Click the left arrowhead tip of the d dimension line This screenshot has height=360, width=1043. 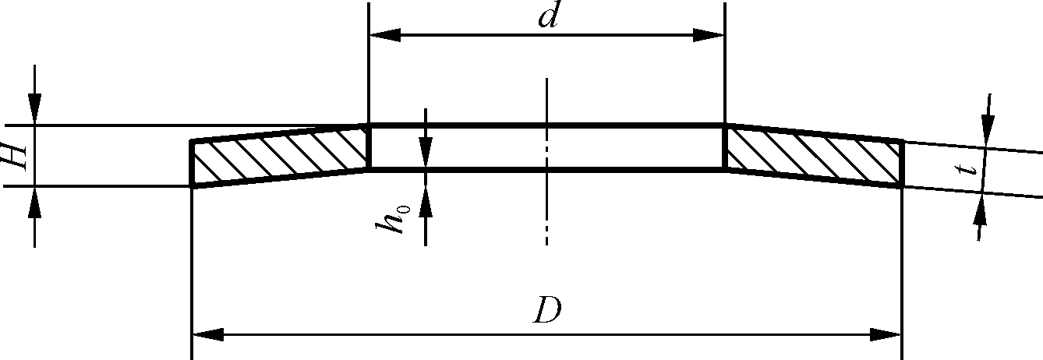pyautogui.click(x=369, y=35)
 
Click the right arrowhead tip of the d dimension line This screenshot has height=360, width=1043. pyautogui.click(x=724, y=35)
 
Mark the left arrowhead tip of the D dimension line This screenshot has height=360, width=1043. pyautogui.click(x=193, y=334)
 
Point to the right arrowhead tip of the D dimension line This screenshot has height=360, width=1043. pyautogui.click(x=902, y=334)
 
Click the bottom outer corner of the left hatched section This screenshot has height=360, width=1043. pyautogui.click(x=192, y=186)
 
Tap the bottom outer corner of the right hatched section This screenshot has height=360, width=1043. pyautogui.click(x=903, y=186)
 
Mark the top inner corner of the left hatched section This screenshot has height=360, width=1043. pyautogui.click(x=368, y=125)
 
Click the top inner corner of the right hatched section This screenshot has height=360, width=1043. pyautogui.click(x=726, y=125)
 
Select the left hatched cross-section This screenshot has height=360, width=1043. pyautogui.click(x=279, y=156)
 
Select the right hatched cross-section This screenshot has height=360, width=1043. pyautogui.click(x=815, y=156)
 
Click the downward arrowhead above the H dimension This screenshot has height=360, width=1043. pyautogui.click(x=35, y=109)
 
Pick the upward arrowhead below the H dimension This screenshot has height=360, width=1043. pyautogui.click(x=35, y=202)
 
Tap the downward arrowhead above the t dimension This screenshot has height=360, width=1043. pyautogui.click(x=987, y=132)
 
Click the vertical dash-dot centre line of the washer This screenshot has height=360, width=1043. pyautogui.click(x=546, y=161)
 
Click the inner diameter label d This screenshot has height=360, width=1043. pyautogui.click(x=548, y=15)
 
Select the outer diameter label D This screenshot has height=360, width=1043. pyautogui.click(x=547, y=309)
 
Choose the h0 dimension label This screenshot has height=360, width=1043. pyautogui.click(x=393, y=218)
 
